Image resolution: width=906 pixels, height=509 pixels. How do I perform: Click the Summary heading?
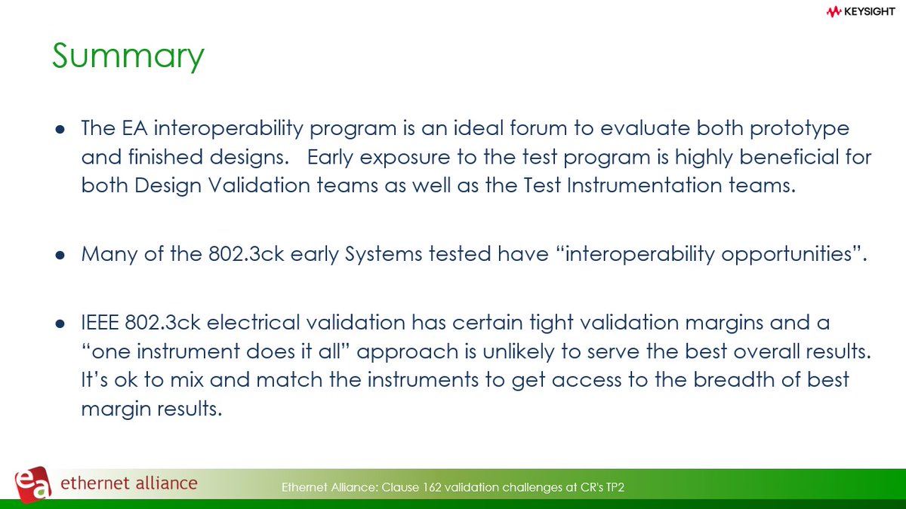click(128, 57)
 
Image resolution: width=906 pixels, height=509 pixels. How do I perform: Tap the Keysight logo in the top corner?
click(860, 11)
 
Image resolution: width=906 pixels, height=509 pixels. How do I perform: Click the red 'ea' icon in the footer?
click(33, 483)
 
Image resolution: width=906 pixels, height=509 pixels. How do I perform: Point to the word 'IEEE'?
click(104, 322)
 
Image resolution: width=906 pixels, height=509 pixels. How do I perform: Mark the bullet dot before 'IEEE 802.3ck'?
click(60, 323)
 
